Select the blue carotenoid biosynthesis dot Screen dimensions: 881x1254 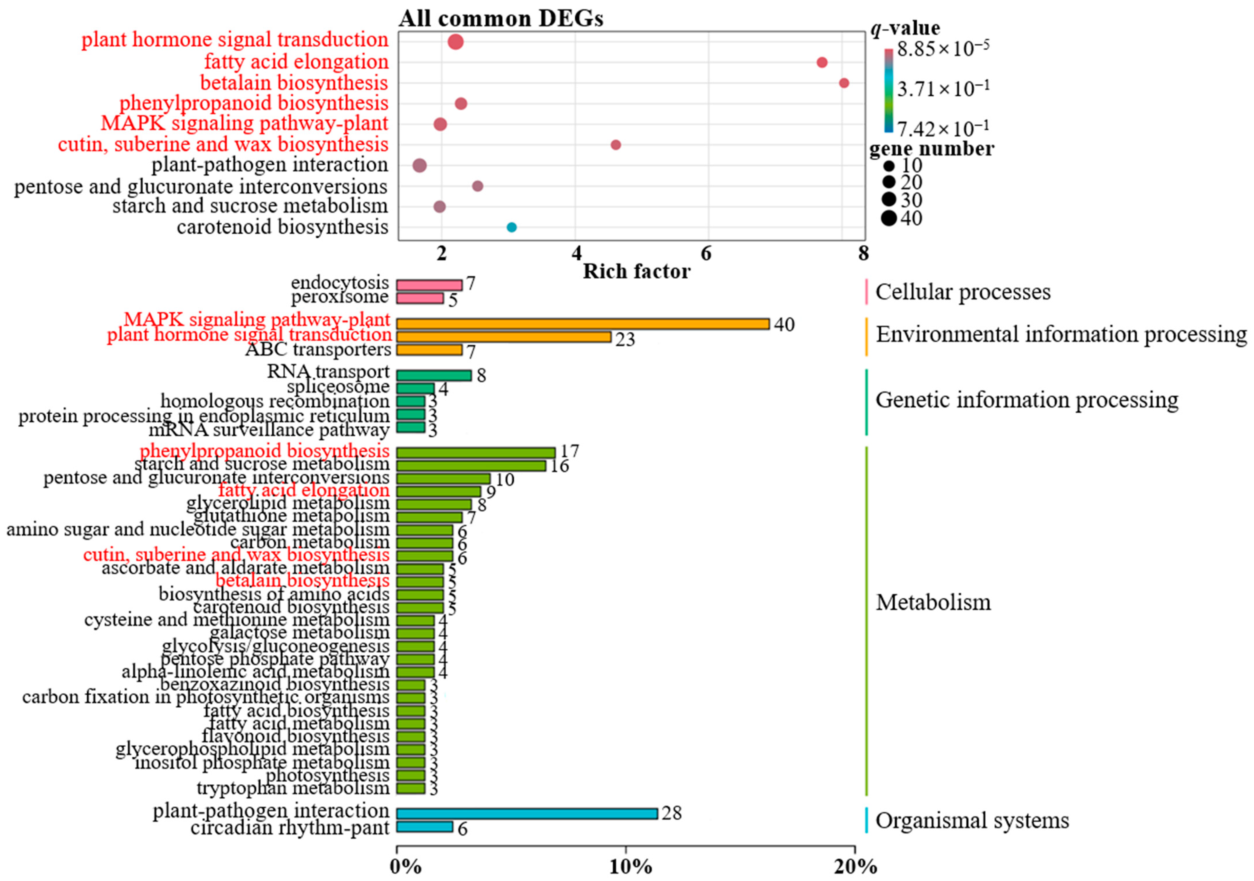tap(511, 227)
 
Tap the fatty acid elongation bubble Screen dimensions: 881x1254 tap(822, 62)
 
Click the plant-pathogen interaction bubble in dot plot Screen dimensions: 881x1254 tap(419, 165)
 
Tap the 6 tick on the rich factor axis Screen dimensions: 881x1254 tap(706, 254)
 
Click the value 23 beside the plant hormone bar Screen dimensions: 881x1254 tap(625, 340)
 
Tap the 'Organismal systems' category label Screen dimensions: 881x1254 tap(972, 820)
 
